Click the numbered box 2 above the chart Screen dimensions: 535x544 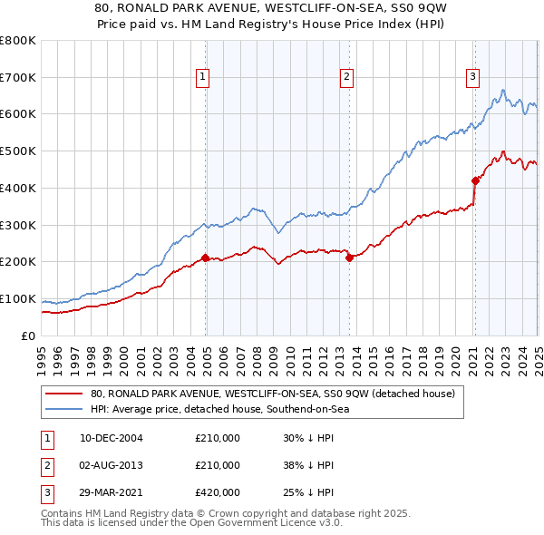347,78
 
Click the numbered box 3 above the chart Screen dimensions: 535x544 473,78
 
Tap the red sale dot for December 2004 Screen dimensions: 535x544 206,258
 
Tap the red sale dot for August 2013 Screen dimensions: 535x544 350,258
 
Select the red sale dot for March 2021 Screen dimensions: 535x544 475,180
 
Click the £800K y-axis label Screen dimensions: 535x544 19,41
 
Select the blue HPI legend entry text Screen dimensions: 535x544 219,409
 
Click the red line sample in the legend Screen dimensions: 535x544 64,394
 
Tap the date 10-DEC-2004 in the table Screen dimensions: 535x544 112,438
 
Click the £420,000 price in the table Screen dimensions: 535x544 218,492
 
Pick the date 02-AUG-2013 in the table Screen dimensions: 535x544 112,465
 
